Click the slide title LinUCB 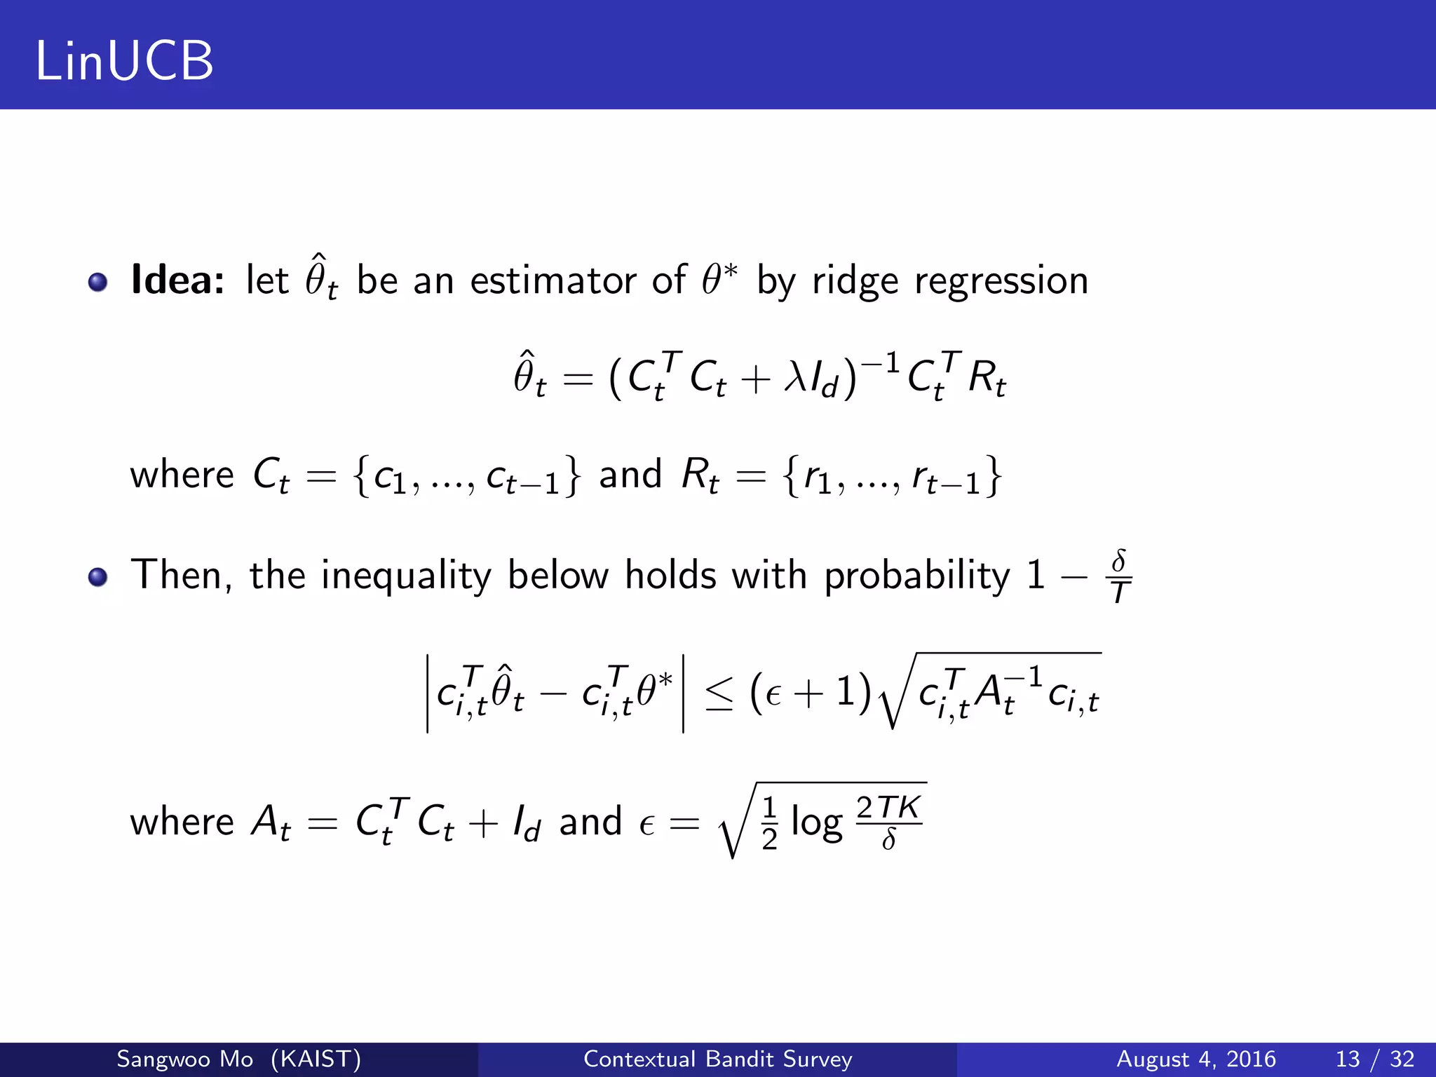124,61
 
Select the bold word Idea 177,280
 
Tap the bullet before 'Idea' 97,282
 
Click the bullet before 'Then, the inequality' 97,577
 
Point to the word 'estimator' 553,280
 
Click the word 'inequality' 406,576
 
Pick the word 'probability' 916,576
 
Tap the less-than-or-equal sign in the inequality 719,694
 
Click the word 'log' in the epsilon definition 816,822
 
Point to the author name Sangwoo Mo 184,1059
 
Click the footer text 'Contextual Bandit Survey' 717,1059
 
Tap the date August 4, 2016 1195,1059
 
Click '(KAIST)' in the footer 316,1059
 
